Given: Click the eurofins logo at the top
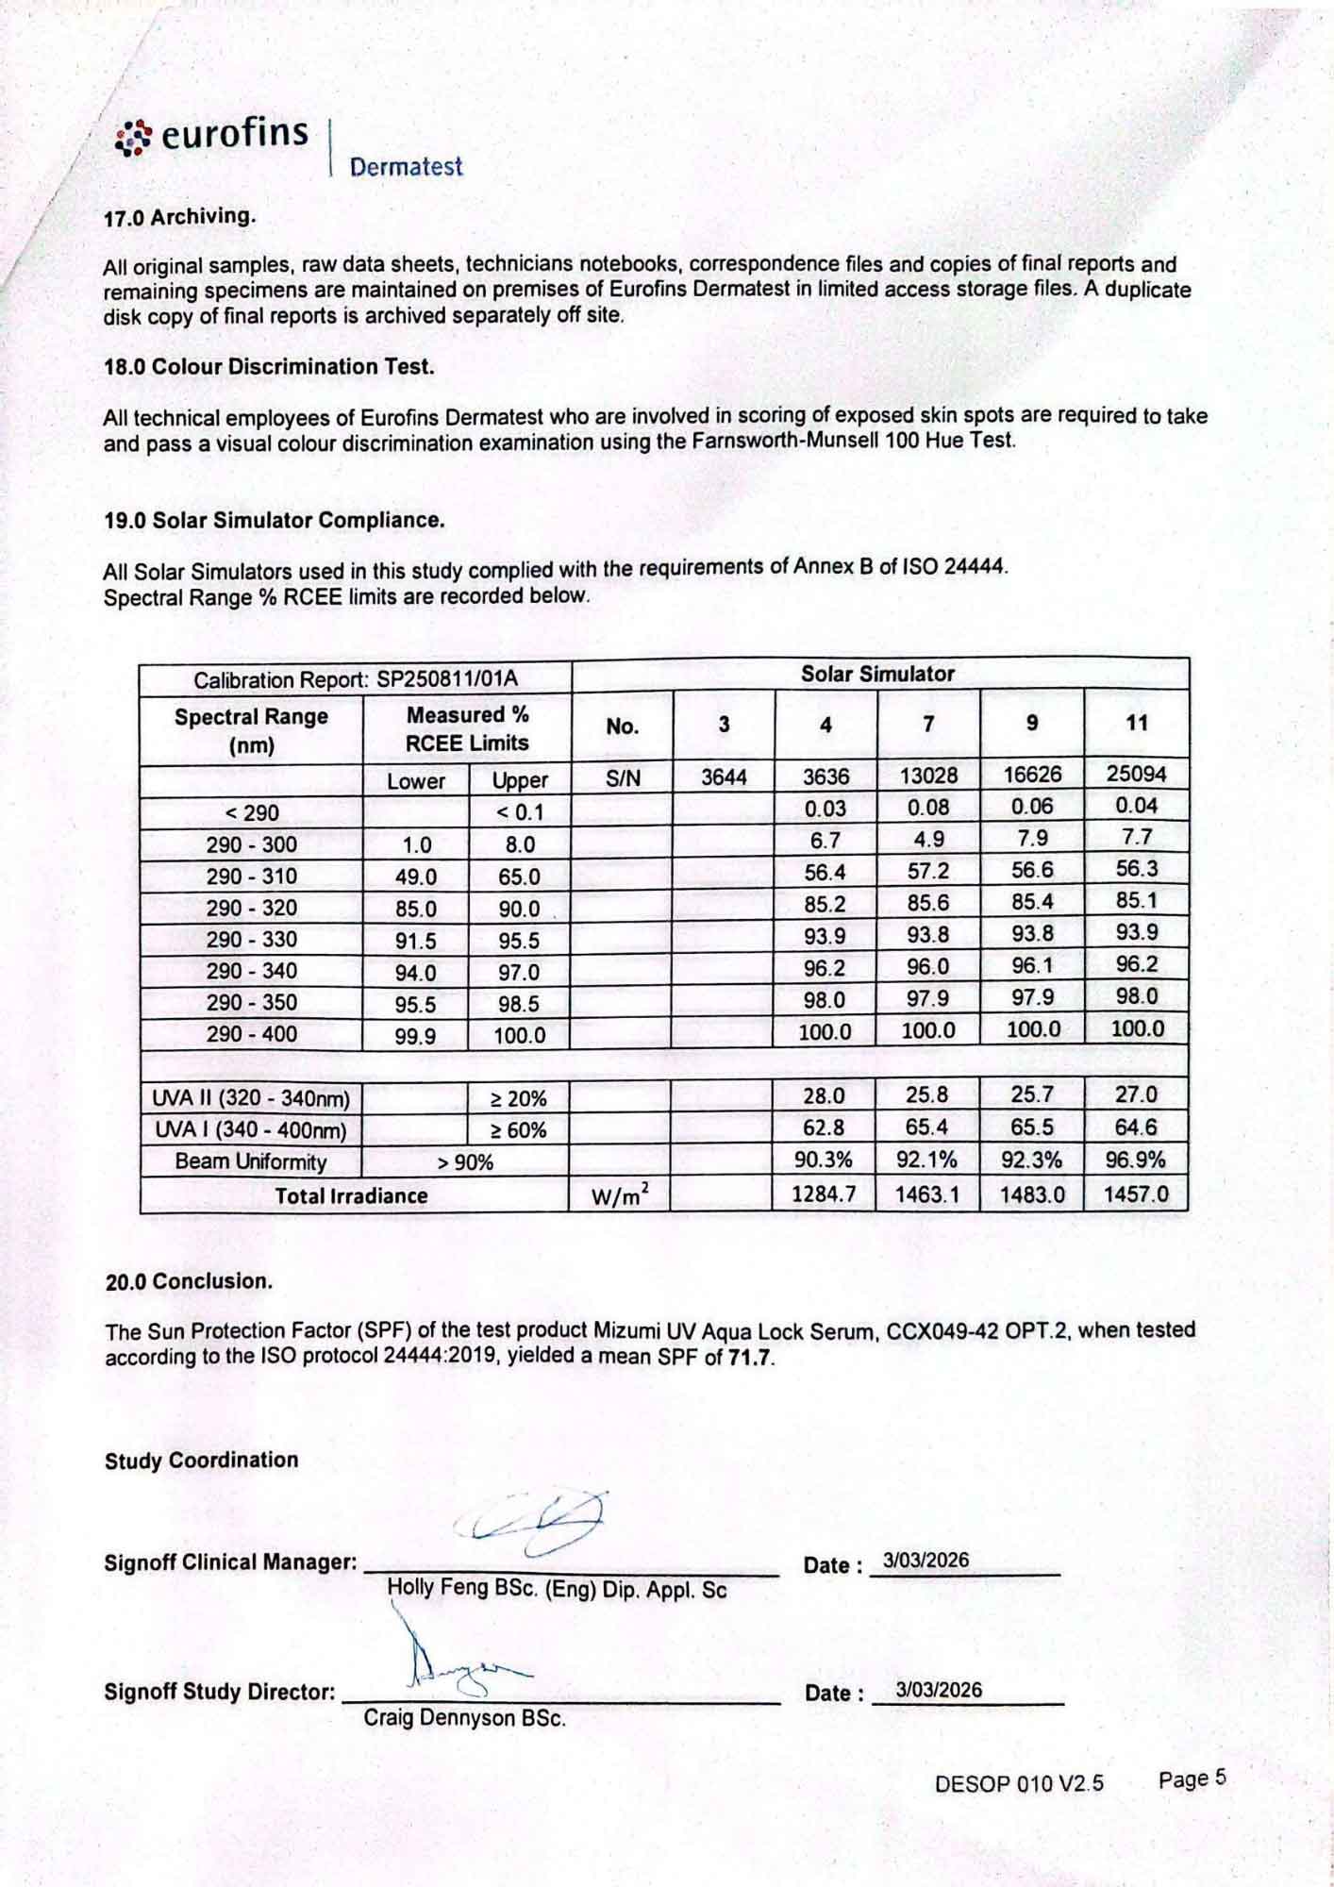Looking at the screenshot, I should click(x=213, y=137).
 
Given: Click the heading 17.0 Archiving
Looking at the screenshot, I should click(x=179, y=217).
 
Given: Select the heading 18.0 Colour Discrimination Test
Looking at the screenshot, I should click(x=269, y=367).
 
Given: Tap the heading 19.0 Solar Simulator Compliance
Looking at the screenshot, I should click(x=274, y=520).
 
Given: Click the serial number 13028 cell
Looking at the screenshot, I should click(x=928, y=776).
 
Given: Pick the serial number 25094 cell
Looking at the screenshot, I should click(x=1136, y=775).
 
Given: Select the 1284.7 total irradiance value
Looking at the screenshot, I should click(x=824, y=1194).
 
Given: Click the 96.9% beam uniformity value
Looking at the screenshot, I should click(x=1135, y=1160).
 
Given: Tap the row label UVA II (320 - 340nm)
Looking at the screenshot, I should click(x=251, y=1098).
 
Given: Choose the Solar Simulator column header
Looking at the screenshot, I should click(x=877, y=674).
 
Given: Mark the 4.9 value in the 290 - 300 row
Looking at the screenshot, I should click(x=928, y=839).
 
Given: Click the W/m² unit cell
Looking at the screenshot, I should click(x=620, y=1196).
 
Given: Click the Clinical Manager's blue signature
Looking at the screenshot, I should click(x=533, y=1522).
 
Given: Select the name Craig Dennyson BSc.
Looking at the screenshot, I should click(x=464, y=1718).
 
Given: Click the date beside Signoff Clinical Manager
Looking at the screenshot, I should click(x=925, y=1561).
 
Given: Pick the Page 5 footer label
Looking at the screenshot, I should click(x=1192, y=1779).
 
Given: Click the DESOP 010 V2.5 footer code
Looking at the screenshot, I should click(x=1019, y=1783).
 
